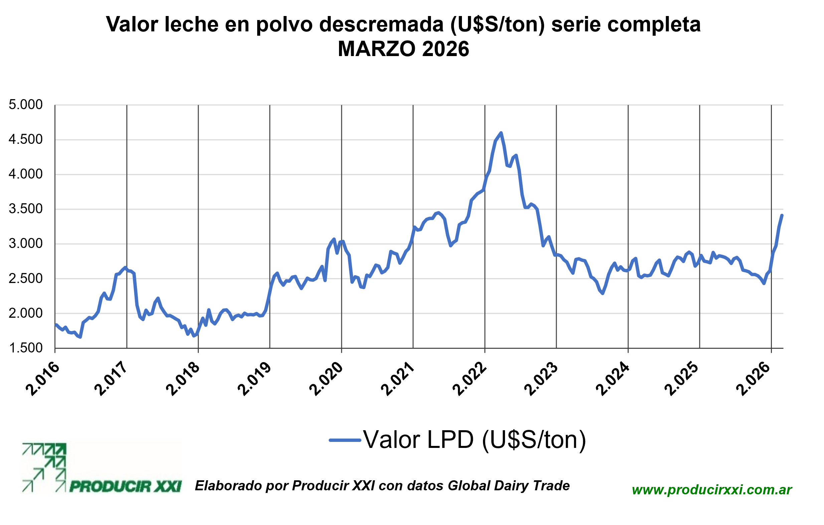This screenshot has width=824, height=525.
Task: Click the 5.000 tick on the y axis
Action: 26,105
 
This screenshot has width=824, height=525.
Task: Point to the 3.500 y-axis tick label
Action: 26,209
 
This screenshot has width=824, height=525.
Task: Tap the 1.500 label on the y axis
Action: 26,348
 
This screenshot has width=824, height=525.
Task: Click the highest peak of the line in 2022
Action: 501,133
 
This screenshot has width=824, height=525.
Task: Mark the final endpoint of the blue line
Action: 782,215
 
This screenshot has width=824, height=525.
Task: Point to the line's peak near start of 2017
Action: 125,267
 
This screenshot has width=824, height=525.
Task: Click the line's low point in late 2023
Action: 603,293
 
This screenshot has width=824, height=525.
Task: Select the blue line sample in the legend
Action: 345,440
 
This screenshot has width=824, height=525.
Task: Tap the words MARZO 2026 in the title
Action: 403,49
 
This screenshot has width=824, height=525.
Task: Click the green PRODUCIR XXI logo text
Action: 125,486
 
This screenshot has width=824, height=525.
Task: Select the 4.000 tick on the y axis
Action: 26,174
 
